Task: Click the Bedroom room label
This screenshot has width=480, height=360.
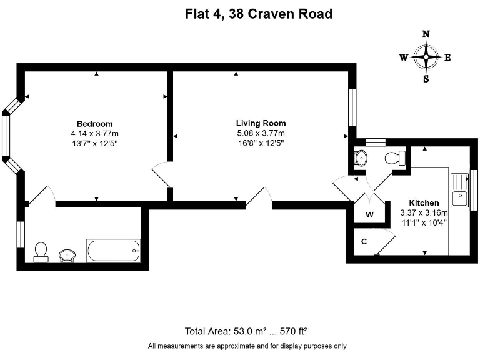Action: [x=94, y=124]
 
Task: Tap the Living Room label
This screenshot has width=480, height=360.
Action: [x=261, y=123]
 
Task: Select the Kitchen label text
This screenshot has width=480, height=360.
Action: [x=424, y=202]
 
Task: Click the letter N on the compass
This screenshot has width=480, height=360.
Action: [x=426, y=34]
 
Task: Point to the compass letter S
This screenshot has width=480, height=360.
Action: [x=426, y=79]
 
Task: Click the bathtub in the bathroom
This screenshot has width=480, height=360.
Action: [x=113, y=251]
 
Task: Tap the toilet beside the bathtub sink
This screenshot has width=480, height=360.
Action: [x=41, y=252]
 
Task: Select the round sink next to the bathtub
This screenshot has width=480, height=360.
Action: [x=67, y=255]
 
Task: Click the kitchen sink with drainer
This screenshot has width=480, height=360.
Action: [x=460, y=190]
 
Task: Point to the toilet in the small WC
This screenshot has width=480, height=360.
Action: [x=395, y=158]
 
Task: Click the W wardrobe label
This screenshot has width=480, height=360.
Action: [x=369, y=214]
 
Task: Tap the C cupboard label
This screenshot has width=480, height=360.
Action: [x=364, y=241]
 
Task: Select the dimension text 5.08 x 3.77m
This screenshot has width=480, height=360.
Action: [x=261, y=133]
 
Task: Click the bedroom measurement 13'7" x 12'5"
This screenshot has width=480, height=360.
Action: [x=95, y=143]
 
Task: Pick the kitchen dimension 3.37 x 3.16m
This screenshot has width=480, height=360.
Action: [x=424, y=212]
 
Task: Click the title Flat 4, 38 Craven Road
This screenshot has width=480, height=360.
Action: [x=259, y=14]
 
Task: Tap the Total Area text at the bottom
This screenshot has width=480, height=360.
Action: [x=246, y=331]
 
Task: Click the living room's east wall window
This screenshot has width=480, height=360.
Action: [x=352, y=107]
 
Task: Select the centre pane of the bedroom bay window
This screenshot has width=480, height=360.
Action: [x=6, y=136]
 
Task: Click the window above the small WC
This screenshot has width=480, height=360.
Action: [x=376, y=142]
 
